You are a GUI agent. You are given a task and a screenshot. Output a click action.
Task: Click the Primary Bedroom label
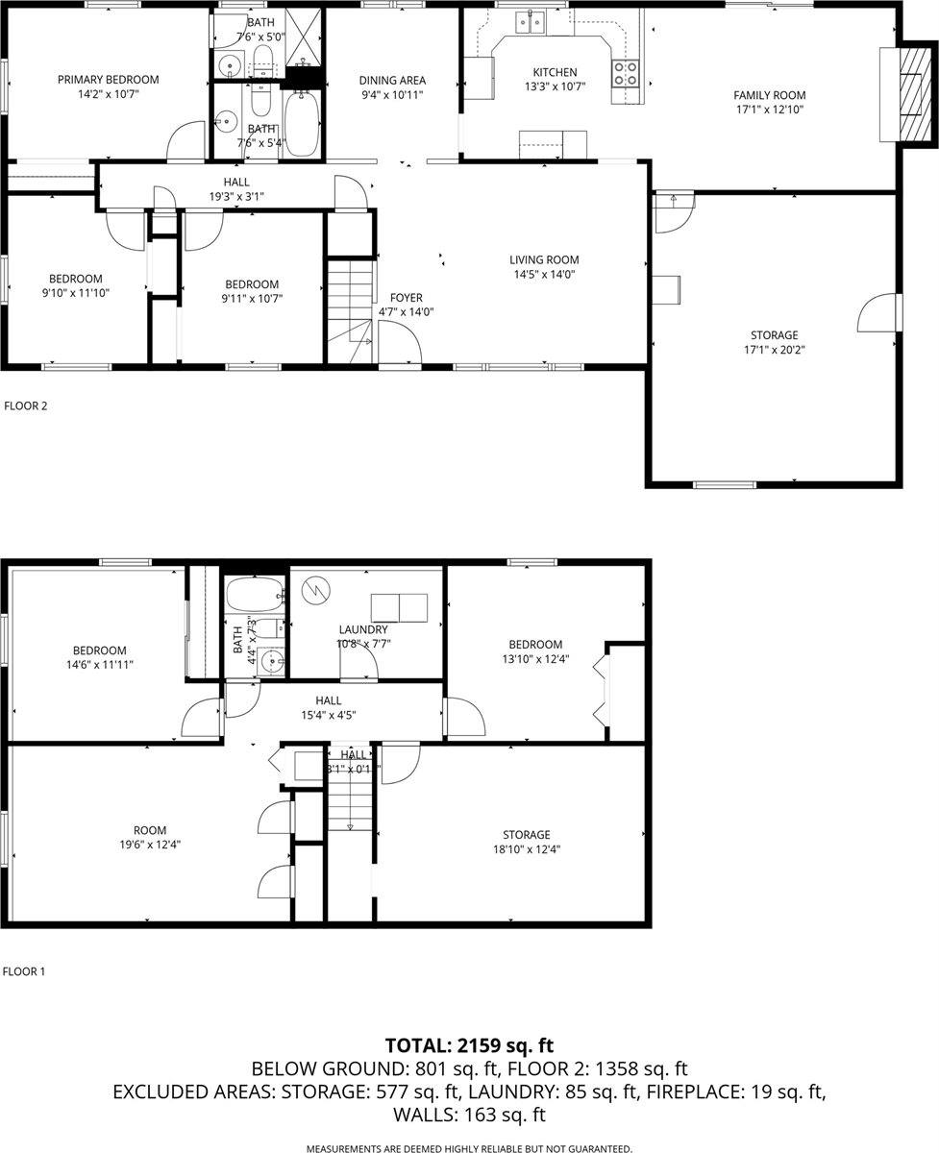point(108,80)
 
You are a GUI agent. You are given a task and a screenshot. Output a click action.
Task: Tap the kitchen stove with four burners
point(626,73)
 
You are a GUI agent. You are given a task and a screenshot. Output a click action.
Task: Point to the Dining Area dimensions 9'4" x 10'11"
point(392,95)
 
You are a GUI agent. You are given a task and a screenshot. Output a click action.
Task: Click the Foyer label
point(406,298)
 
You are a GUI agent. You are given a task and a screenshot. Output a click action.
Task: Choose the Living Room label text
point(544,259)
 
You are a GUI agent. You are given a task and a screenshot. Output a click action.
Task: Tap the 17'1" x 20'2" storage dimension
point(774,350)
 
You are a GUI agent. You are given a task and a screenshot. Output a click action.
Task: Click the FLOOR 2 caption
point(26,405)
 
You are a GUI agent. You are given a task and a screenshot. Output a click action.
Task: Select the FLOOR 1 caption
point(24,971)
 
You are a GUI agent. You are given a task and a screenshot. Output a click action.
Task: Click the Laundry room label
point(362,629)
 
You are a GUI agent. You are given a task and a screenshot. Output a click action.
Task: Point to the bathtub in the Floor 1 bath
point(255,596)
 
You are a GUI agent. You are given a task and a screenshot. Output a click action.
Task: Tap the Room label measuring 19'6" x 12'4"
point(150,830)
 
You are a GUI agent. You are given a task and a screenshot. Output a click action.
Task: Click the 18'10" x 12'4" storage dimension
point(526,848)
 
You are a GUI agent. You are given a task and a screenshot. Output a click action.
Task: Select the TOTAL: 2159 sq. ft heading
point(469,1045)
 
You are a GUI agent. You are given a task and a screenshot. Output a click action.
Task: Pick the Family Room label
point(769,95)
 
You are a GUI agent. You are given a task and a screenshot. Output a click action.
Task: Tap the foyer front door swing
point(397,343)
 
